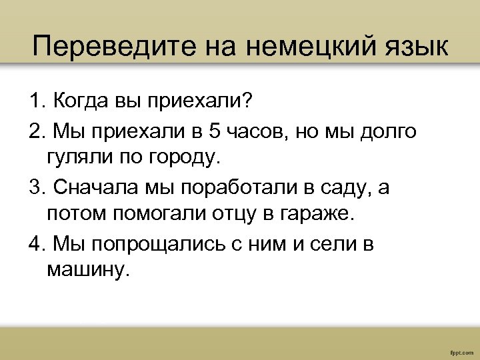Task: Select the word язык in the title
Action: [x=415, y=47]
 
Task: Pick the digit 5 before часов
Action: [x=214, y=131]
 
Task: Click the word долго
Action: [x=387, y=131]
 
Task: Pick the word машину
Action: [x=85, y=271]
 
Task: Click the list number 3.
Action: [x=35, y=187]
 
